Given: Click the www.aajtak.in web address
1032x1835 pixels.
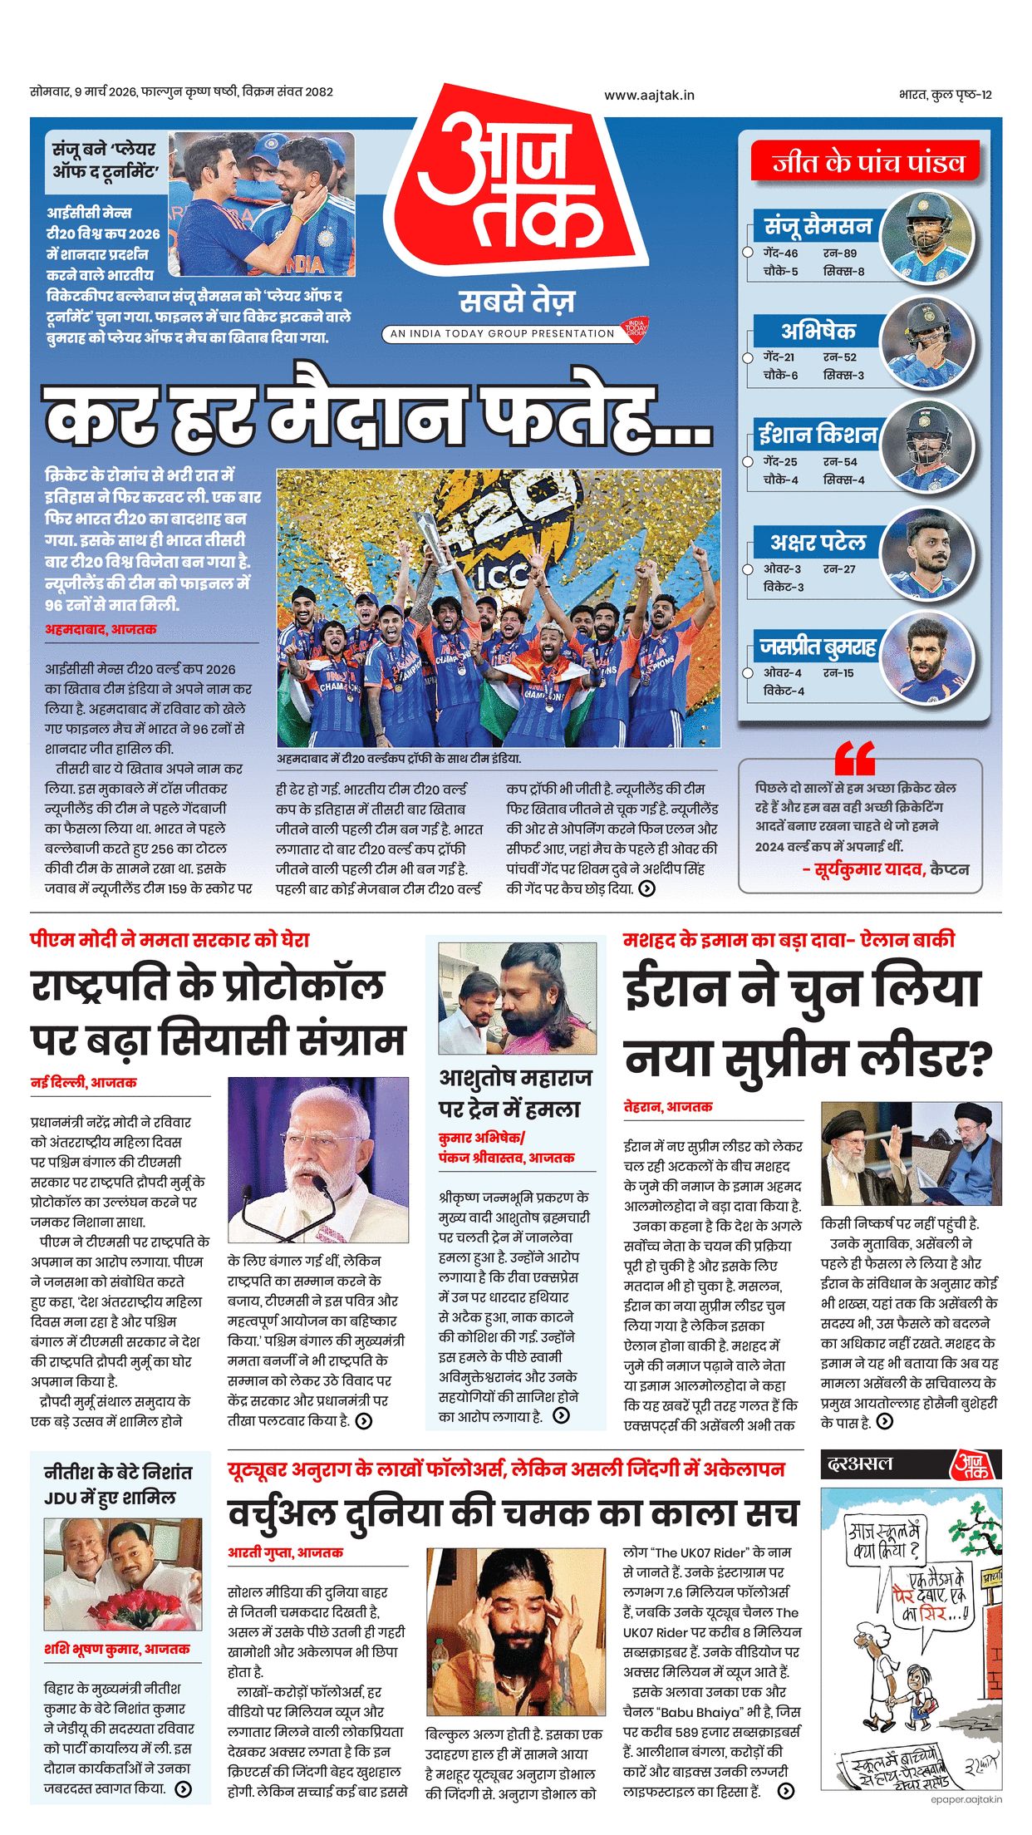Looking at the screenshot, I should tap(649, 95).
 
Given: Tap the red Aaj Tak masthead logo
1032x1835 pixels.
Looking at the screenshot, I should tap(515, 183).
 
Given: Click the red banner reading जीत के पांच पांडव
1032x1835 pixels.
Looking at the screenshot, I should tap(867, 162).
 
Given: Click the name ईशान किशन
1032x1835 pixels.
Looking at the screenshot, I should tap(818, 434).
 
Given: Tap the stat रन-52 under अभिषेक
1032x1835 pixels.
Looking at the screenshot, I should tap(839, 357).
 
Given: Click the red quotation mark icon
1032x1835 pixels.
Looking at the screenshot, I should tap(855, 758).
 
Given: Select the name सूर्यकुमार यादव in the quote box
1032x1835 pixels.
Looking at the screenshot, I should tap(869, 869).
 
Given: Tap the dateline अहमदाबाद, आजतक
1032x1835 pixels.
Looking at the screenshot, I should tap(101, 629).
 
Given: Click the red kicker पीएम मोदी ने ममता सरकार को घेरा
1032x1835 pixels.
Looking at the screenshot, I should tap(170, 940).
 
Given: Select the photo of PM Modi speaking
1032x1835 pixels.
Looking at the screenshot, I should tap(318, 1159).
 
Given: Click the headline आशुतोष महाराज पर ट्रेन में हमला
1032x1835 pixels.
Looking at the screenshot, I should tap(515, 1093).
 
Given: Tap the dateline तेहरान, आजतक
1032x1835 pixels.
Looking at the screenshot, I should tap(668, 1106).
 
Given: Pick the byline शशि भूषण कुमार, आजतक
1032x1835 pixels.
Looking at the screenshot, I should tap(116, 1649).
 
